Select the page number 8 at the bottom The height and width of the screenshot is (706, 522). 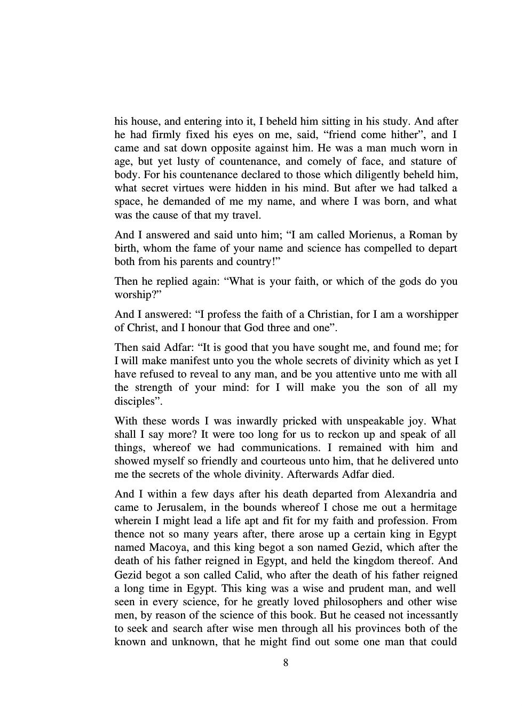[286, 663]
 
